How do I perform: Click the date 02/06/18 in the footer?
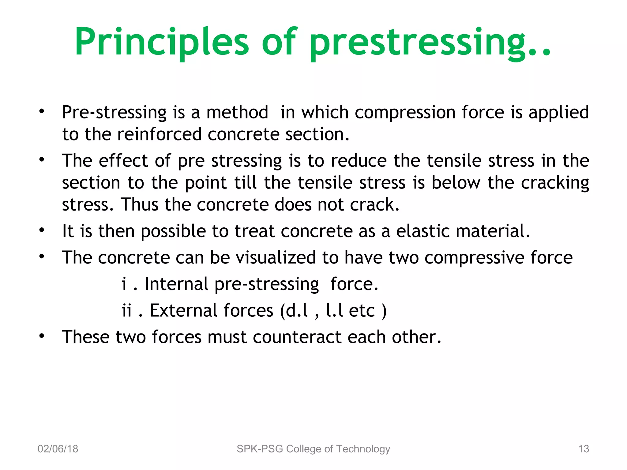pos(58,449)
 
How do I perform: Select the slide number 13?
pos(584,449)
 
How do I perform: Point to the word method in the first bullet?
pos(237,112)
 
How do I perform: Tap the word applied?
pos(558,112)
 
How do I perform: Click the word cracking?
pos(555,183)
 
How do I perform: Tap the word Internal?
pos(176,284)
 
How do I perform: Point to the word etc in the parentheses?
pos(362,311)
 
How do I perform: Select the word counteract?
pos(297,337)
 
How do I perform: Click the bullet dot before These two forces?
pos(42,336)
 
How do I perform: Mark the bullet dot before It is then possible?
pos(42,230)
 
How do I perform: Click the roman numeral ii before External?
pos(127,311)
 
